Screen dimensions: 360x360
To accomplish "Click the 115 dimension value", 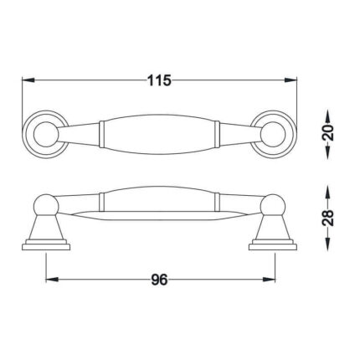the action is click(x=159, y=80).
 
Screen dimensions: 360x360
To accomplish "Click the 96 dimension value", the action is click(x=159, y=280).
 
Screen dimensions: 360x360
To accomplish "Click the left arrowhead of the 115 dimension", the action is click(x=28, y=80).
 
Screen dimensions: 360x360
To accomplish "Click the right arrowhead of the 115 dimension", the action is click(x=291, y=80).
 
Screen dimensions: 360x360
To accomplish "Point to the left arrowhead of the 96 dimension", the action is click(x=52, y=280).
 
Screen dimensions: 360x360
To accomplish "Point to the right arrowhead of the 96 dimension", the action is click(x=269, y=280).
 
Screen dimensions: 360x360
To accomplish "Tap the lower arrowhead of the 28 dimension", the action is click(x=328, y=244).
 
